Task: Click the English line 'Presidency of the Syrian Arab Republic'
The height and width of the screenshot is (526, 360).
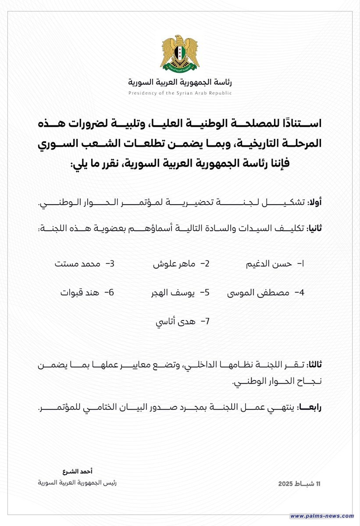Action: coord(180,93)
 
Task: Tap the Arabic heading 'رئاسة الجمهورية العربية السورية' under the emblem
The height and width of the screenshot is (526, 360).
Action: coord(180,82)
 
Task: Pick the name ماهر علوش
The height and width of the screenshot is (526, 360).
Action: coord(175,264)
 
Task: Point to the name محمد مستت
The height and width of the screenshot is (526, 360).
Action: coord(78,264)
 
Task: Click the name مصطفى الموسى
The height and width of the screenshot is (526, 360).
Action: coord(258,293)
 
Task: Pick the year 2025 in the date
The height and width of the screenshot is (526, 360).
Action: coord(287,484)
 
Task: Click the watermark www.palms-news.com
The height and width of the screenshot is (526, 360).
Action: coord(322,516)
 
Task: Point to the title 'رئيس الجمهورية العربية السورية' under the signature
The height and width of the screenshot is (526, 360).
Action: coord(78,483)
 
